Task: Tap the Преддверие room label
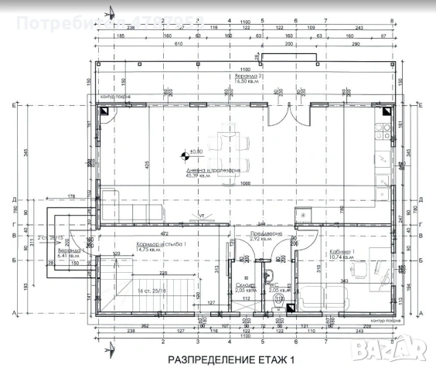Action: [265, 234]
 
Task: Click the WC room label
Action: [272, 285]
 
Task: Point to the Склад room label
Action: [246, 285]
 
